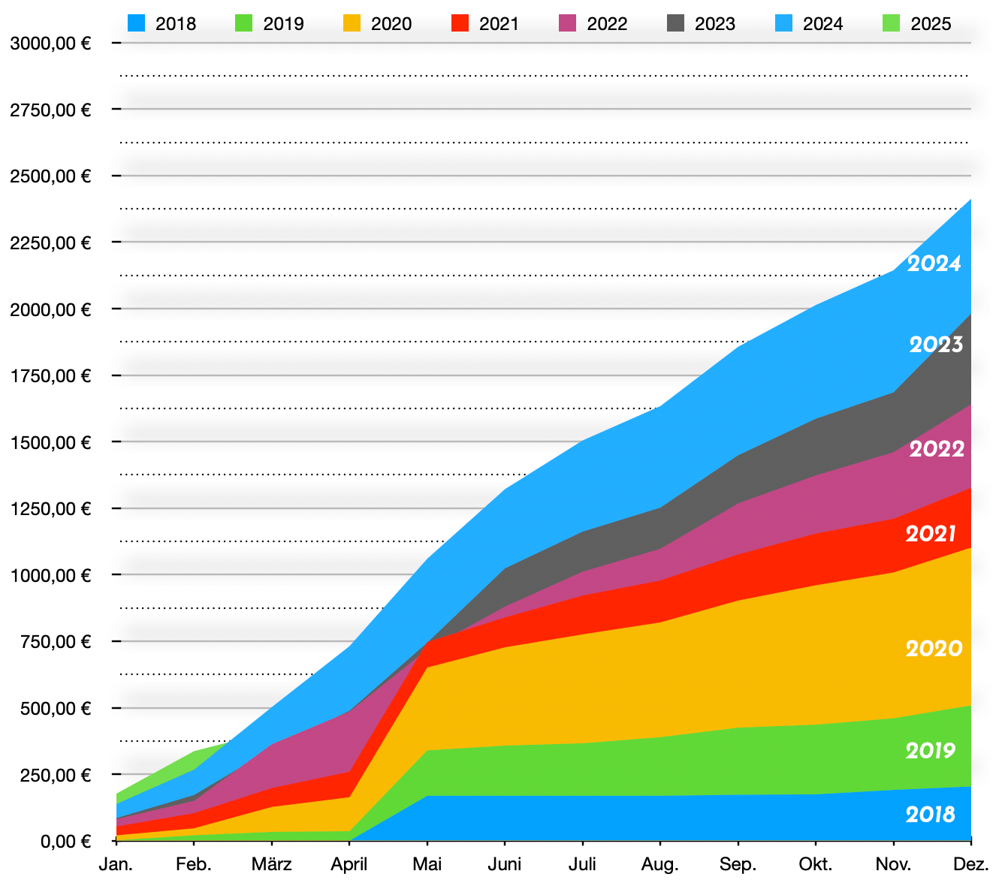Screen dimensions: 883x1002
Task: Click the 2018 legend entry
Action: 161,23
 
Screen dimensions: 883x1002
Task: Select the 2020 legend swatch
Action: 352,23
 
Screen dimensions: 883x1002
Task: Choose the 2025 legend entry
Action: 916,23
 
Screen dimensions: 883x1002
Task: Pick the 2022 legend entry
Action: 592,23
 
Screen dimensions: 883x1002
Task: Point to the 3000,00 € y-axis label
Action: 50,43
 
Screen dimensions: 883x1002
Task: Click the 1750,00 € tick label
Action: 50,375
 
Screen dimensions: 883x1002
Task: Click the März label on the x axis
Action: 272,864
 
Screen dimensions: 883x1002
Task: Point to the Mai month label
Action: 427,864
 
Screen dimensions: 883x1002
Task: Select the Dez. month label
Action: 971,864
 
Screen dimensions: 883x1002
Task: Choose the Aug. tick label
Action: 660,864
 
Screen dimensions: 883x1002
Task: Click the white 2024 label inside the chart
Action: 934,264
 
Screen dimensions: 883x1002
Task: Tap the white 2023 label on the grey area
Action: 936,344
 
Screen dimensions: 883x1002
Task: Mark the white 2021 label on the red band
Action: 931,533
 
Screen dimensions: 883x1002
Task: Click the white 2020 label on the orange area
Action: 934,648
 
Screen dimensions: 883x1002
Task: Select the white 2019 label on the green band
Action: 931,750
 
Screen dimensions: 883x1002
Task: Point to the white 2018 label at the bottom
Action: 931,814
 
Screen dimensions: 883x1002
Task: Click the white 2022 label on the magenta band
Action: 937,448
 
